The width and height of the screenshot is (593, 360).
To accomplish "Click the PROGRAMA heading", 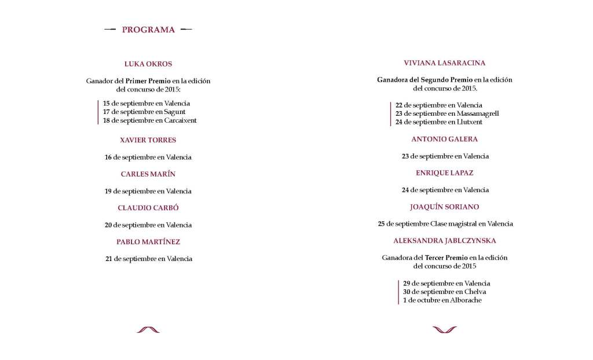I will click(148, 30).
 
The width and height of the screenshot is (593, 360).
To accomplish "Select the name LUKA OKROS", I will click(148, 64).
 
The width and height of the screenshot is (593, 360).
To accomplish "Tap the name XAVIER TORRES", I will click(148, 140).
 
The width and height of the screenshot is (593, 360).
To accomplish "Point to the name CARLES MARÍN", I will click(148, 174).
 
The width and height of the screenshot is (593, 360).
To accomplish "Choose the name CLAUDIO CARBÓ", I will click(148, 208).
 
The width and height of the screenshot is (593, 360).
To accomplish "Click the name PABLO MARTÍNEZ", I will click(148, 242).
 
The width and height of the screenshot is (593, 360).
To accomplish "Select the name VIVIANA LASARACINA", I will click(445, 63).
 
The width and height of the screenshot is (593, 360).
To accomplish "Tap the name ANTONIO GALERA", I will click(445, 139).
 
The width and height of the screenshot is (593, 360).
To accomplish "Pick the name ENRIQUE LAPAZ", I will click(445, 173).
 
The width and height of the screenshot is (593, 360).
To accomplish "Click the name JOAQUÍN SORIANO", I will click(445, 207).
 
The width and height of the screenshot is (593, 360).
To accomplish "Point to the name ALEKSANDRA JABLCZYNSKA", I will click(445, 241).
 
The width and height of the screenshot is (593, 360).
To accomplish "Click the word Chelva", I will click(475, 292).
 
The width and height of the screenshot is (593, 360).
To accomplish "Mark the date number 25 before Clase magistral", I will click(381, 224).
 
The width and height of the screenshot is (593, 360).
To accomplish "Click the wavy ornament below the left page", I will click(148, 330).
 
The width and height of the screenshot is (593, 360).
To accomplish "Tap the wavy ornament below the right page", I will click(445, 330).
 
